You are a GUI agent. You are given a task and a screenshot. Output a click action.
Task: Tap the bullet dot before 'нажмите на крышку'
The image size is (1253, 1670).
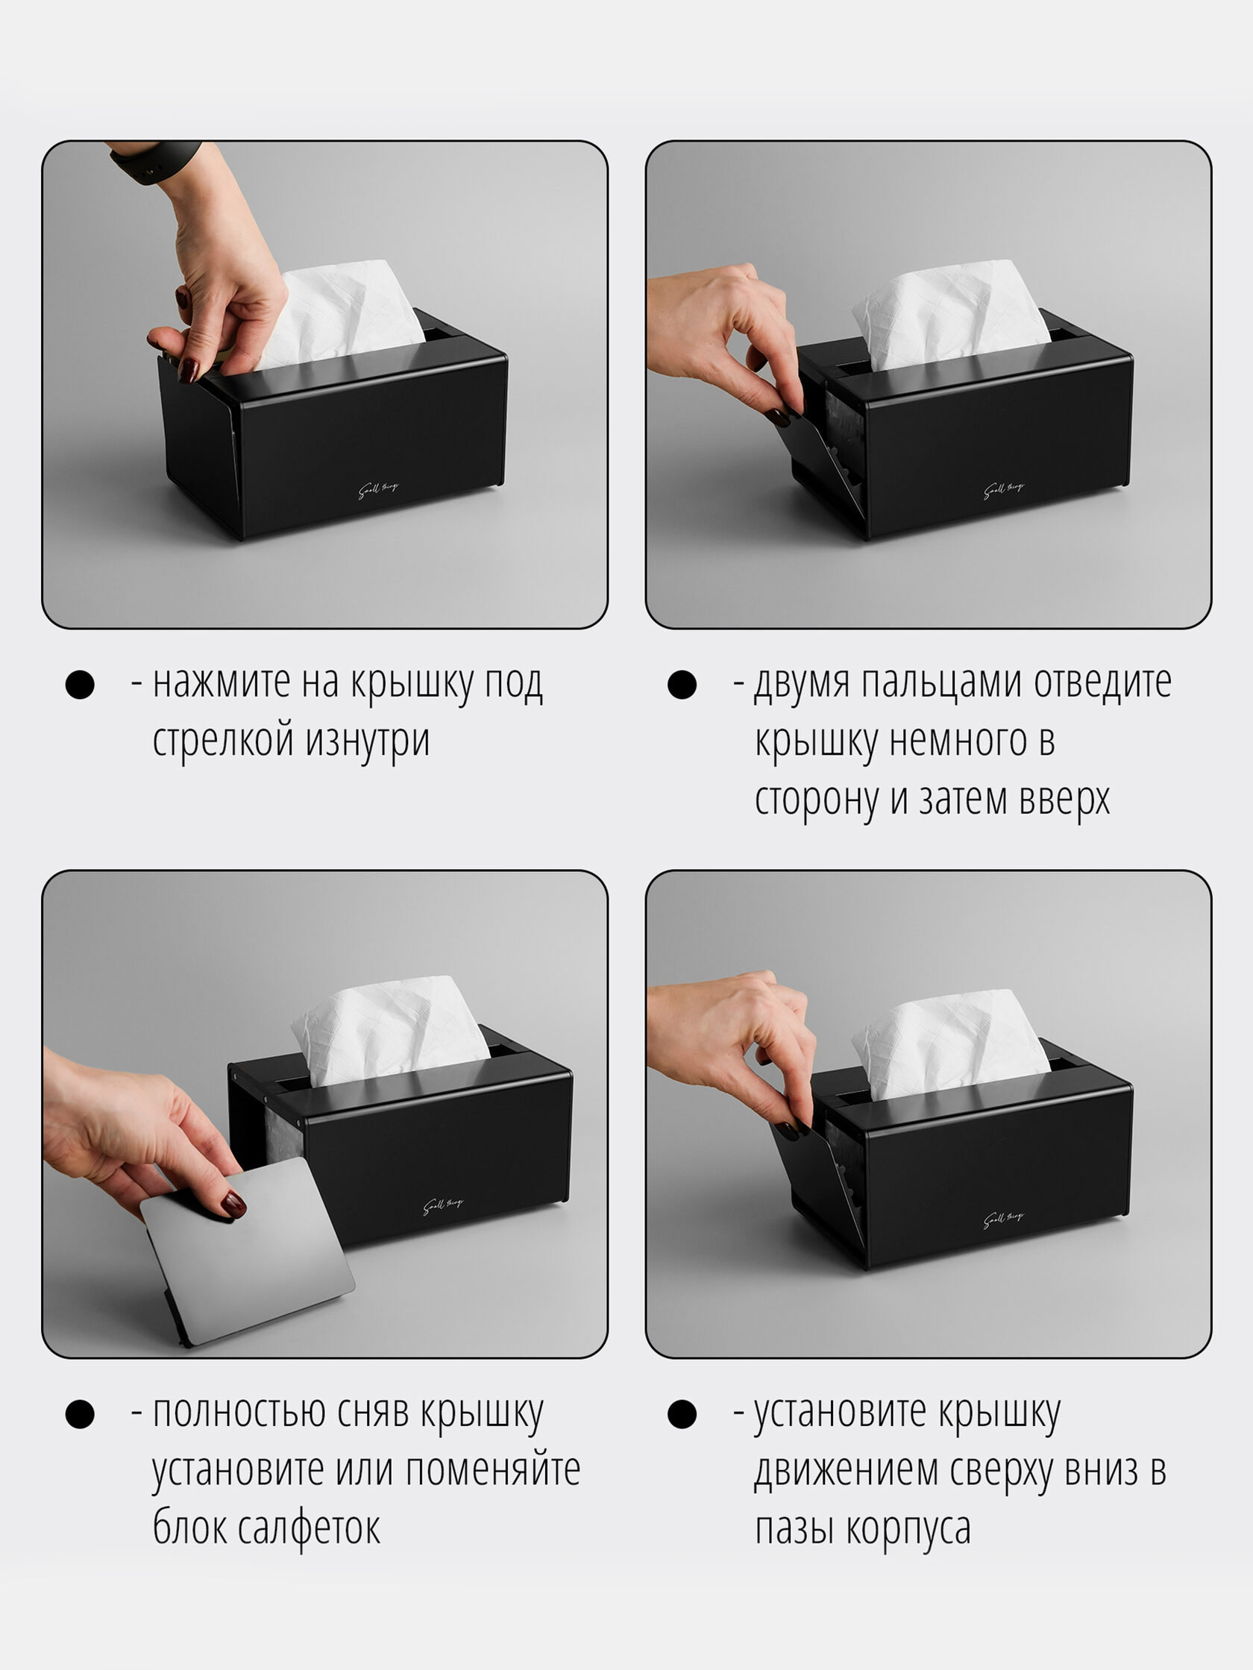pos(80,685)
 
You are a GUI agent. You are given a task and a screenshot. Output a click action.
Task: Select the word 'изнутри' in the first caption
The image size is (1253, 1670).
pos(368,740)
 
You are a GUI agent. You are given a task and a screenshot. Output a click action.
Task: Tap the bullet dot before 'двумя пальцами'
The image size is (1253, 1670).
pos(682,685)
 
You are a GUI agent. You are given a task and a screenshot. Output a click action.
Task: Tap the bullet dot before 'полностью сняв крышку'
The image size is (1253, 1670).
pos(80,1414)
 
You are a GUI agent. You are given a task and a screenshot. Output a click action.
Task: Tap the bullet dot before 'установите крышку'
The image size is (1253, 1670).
pos(682,1414)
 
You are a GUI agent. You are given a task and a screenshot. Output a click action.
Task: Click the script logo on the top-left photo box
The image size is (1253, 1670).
pos(379,491)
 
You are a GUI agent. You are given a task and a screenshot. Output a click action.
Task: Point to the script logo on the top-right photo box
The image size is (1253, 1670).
pos(1004,491)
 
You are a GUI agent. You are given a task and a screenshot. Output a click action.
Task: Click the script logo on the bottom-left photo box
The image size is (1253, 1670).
pos(444,1205)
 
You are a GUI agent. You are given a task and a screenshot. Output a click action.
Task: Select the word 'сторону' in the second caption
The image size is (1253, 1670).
pos(817,800)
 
